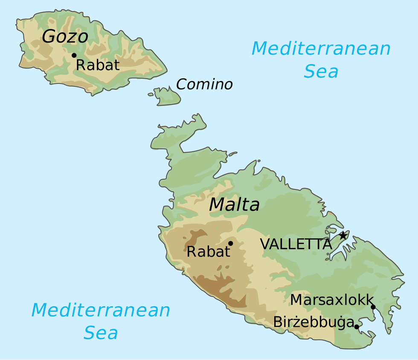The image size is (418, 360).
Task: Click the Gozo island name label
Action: click(65, 37)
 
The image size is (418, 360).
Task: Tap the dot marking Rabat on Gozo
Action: click(74, 55)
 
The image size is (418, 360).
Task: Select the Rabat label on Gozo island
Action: click(98, 65)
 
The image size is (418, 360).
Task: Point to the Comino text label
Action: click(204, 84)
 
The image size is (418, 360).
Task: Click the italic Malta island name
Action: click(234, 205)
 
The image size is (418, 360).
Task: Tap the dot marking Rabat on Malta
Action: click(230, 243)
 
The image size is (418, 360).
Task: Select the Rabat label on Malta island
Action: click(208, 252)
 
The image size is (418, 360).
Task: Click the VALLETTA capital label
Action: click(296, 244)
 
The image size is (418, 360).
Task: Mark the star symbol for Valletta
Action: click(343, 235)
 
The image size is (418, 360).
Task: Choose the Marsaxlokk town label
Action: click(332, 300)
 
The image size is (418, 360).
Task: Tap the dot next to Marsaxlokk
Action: click(373, 307)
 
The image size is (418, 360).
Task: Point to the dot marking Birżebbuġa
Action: click(357, 326)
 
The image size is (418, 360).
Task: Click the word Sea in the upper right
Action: click(321, 72)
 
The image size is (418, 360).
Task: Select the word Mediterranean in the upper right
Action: click(321, 49)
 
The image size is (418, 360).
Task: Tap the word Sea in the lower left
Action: click(101, 333)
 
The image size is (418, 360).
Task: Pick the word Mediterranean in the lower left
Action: click(101, 310)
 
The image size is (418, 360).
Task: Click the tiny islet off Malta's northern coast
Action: click(232, 154)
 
